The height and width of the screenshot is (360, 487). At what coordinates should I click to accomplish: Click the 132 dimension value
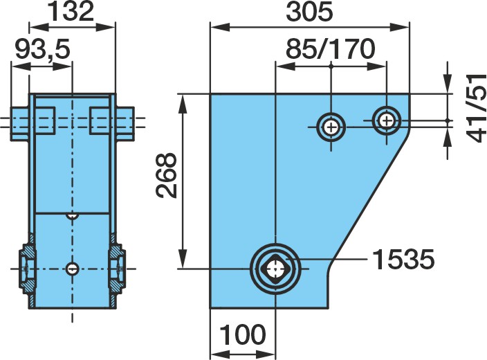coord(72,12)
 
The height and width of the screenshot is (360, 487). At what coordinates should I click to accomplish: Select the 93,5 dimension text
coord(43,49)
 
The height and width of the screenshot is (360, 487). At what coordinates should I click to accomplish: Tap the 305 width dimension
coord(309,12)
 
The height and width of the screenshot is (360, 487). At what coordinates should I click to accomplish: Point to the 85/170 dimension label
coord(331,49)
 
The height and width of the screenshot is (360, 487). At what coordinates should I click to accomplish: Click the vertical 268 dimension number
coord(167,175)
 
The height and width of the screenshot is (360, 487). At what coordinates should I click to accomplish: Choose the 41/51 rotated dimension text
coord(476,108)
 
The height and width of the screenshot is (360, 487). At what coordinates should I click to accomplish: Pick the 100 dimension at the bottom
coord(243,334)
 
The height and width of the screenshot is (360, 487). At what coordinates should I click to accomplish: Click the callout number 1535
coord(403,259)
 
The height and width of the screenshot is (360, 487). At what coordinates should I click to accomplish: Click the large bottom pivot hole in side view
coord(275,269)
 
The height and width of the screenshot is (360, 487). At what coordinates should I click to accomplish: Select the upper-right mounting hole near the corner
coord(387,120)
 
